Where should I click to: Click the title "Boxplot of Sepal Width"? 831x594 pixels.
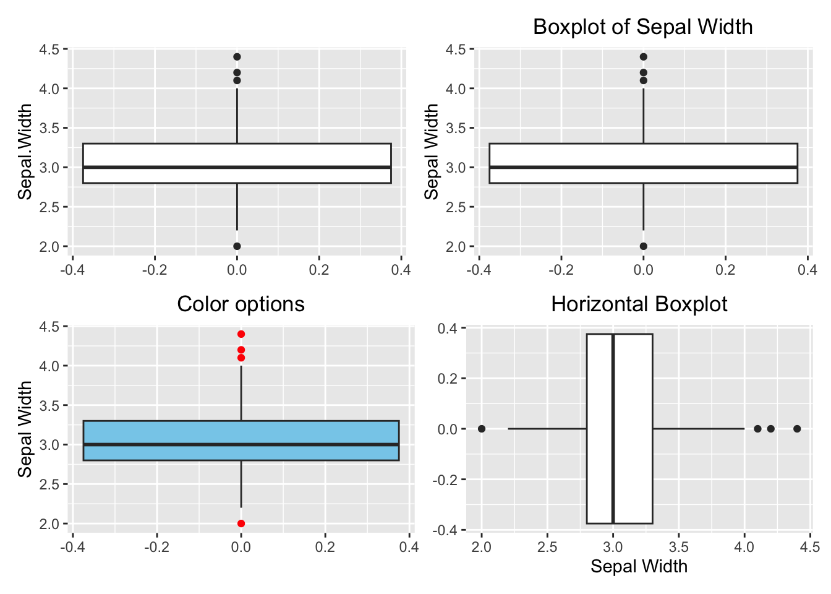coord(642,27)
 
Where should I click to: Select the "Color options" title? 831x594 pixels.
coord(241,304)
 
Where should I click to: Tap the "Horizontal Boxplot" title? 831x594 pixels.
coord(639,304)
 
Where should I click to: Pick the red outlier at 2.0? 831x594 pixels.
coord(241,523)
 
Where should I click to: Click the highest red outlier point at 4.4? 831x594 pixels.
coord(241,334)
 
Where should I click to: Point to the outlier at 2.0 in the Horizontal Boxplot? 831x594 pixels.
coord(482,429)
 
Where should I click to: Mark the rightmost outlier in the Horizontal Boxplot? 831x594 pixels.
coord(797,429)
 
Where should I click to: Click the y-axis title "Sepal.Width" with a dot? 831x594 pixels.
coord(25,152)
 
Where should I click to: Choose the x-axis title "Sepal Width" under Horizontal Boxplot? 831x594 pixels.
coord(639,566)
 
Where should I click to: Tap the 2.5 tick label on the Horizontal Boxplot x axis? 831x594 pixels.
coord(547,547)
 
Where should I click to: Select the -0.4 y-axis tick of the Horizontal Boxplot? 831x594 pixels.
coord(446,530)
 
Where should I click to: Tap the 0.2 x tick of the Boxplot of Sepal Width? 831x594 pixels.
coord(725,270)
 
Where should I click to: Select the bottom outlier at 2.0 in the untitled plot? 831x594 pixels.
coord(237,246)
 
